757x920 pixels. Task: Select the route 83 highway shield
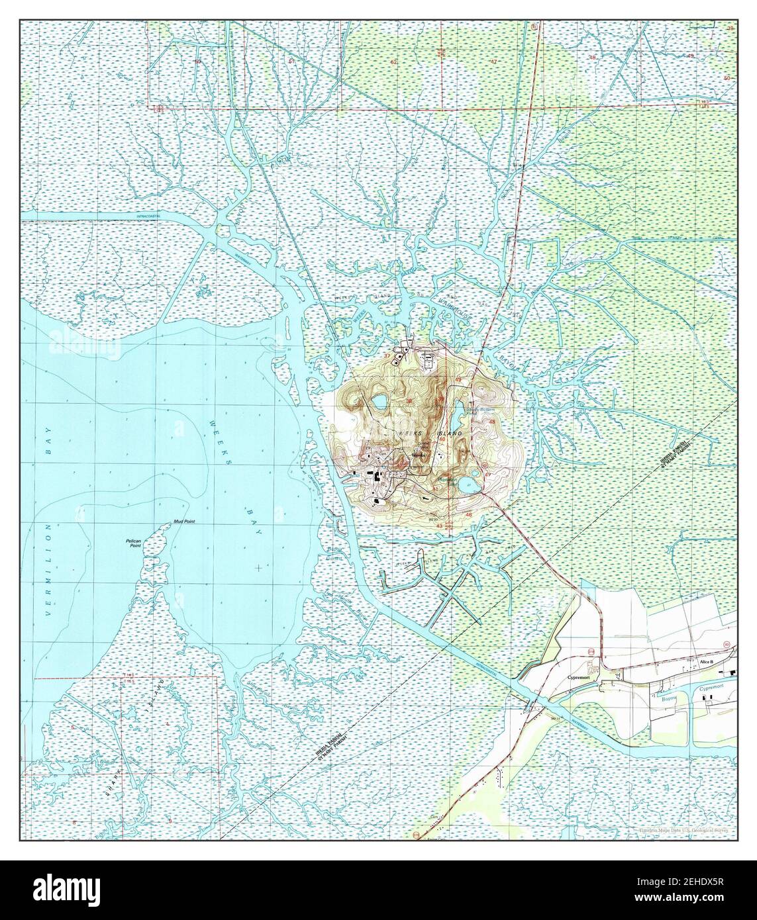pyautogui.click(x=727, y=644)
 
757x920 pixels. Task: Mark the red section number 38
pyautogui.click(x=409, y=401)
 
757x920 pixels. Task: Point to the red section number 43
pyautogui.click(x=439, y=526)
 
